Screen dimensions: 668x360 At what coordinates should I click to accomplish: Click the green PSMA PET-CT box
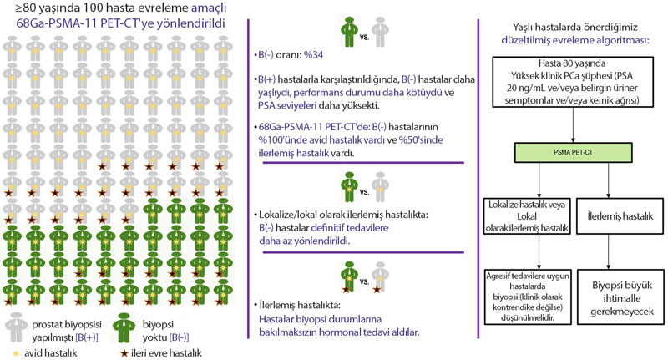tap(573, 153)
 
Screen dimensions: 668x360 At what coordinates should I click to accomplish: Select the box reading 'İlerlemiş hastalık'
tap(620, 215)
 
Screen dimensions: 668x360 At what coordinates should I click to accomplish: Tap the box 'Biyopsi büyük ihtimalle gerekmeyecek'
tap(620, 297)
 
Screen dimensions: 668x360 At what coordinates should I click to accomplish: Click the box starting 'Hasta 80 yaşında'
tap(573, 81)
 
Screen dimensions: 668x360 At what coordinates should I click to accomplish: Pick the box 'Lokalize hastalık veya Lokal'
tap(527, 215)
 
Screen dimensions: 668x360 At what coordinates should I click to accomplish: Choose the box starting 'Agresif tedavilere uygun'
tap(528, 297)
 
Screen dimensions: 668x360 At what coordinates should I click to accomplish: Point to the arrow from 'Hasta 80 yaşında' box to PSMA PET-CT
tap(573, 124)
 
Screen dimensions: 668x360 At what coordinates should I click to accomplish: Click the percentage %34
tap(314, 55)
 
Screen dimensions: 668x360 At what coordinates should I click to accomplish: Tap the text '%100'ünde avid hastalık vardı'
tap(321, 139)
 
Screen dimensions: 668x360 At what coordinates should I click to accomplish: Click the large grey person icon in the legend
tap(16, 327)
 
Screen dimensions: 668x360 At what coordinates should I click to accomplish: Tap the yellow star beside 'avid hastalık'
tap(16, 353)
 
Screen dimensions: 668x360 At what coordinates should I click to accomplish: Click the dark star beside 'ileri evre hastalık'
tap(124, 353)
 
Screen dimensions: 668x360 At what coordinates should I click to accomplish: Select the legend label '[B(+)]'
tap(87, 337)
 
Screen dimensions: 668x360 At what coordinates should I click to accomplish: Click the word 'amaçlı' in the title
tap(209, 8)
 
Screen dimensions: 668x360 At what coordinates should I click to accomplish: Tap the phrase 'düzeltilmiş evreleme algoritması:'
tap(575, 40)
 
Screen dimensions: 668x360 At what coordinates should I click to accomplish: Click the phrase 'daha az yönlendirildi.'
tap(304, 241)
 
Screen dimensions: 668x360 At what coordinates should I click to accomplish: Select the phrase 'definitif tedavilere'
tap(350, 227)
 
